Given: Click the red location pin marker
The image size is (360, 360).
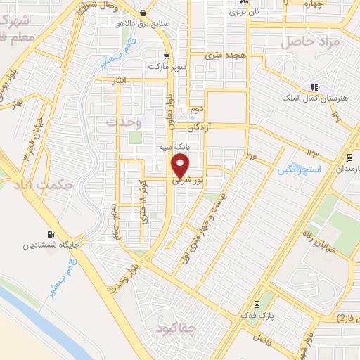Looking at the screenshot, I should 181,167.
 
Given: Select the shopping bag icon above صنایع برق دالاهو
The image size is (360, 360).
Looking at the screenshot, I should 143,13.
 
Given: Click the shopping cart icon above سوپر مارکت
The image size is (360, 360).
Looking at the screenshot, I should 167,56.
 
